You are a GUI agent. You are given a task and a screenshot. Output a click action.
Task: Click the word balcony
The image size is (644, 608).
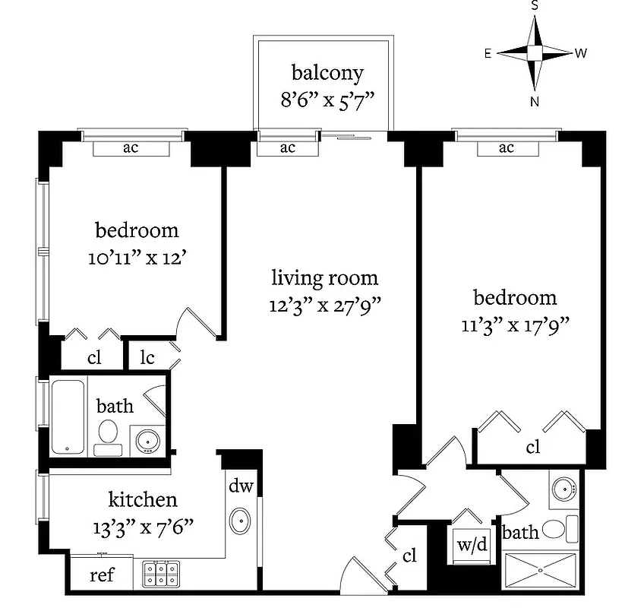click(x=327, y=74)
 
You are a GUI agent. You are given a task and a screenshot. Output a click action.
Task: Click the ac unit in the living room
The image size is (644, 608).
click(x=287, y=148)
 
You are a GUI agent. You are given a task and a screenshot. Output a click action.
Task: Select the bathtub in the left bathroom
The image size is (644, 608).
click(x=68, y=417)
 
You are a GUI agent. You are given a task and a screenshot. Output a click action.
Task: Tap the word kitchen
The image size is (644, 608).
click(x=143, y=499)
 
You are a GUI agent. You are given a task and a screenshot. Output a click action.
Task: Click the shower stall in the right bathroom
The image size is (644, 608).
click(x=541, y=569)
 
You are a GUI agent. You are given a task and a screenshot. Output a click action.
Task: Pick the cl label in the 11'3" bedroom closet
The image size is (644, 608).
click(x=533, y=447)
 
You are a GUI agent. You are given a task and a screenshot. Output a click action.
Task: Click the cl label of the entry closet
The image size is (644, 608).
click(x=410, y=556)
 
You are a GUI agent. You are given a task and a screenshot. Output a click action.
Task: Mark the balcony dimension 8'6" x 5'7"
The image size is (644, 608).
click(x=327, y=100)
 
